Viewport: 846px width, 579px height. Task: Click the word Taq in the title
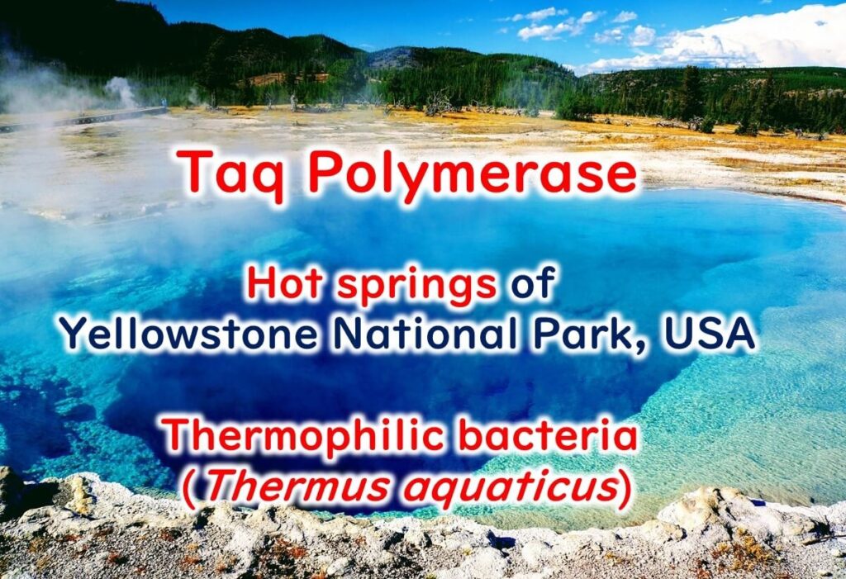(233, 173)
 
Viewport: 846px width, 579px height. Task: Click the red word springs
(416, 286)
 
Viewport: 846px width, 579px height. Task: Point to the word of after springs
(533, 283)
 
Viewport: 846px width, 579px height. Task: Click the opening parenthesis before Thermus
(190, 488)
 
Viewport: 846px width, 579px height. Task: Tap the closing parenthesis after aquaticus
(625, 488)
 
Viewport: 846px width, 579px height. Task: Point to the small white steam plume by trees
(121, 91)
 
